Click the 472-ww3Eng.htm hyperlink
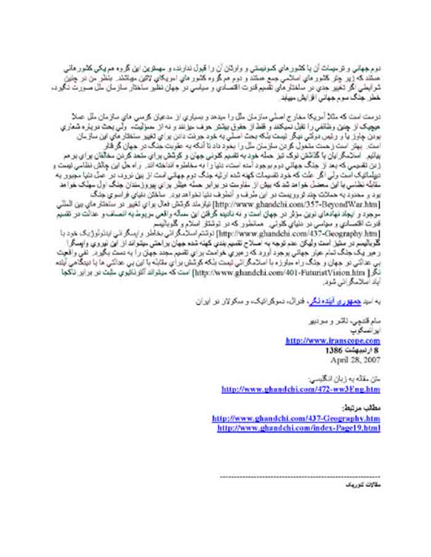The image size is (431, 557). (300, 390)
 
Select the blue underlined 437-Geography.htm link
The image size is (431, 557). (296, 419)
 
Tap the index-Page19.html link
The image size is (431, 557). (299, 428)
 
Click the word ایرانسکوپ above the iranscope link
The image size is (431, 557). (368, 331)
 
